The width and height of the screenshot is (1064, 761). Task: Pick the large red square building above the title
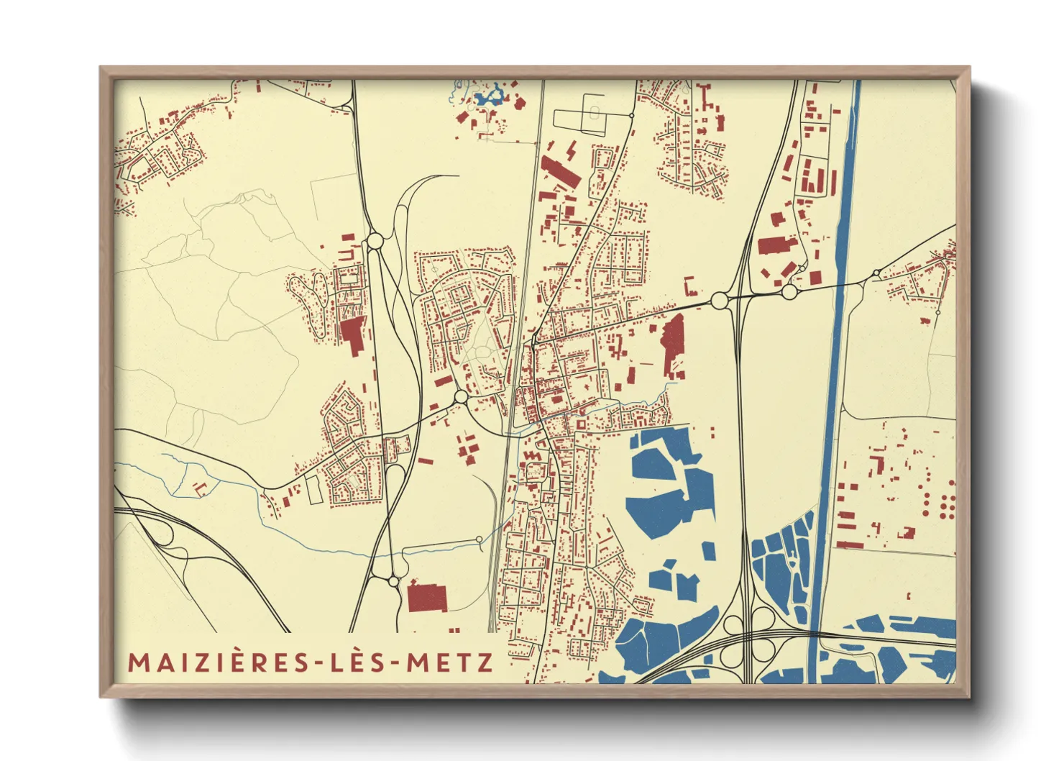[x=427, y=598]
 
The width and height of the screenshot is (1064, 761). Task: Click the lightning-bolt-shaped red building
[x=572, y=152]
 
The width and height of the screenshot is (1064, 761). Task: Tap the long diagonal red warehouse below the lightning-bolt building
[x=560, y=173]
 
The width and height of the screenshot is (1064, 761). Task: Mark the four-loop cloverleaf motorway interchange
[x=748, y=636]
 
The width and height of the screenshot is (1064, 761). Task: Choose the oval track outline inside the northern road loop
[x=595, y=113]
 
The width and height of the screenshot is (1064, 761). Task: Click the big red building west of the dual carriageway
[x=352, y=335]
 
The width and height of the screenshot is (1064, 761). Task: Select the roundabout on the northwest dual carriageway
[x=375, y=241]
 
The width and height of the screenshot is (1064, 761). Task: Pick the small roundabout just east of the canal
[x=876, y=273]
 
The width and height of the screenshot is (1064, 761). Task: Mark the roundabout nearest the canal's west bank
[x=789, y=292]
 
